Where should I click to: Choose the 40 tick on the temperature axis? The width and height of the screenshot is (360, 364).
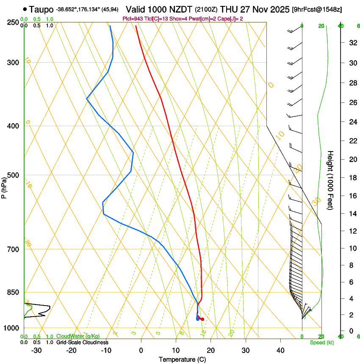pyautogui.click(x=280, y=350)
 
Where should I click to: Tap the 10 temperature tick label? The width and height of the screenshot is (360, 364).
pyautogui.click(x=176, y=350)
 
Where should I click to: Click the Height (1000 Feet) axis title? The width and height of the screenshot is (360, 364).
pyautogui.click(x=330, y=180)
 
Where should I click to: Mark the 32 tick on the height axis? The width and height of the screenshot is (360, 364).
pyautogui.click(x=352, y=43)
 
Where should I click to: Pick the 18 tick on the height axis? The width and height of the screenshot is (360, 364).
pyautogui.click(x=352, y=178)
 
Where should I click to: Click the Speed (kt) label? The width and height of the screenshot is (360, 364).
pyautogui.click(x=321, y=342)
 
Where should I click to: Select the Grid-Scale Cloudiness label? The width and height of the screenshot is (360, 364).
pyautogui.click(x=82, y=342)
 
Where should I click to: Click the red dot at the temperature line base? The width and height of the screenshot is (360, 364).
pyautogui.click(x=202, y=319)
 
